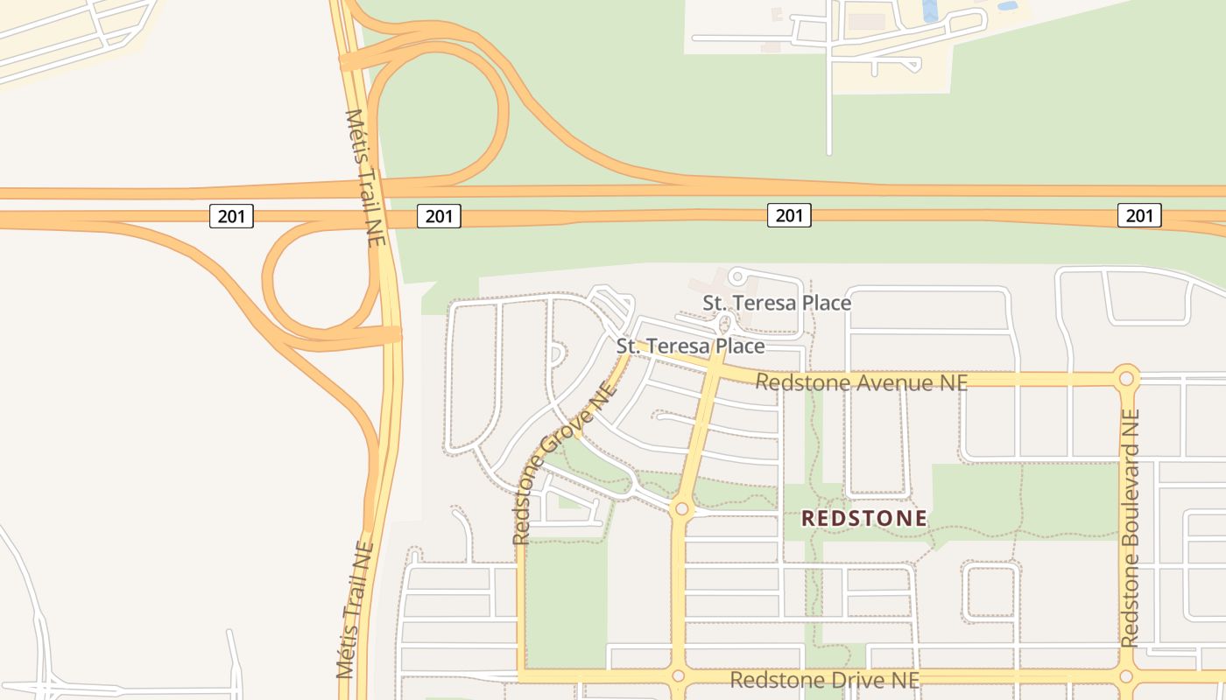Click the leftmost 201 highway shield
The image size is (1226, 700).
point(231,215)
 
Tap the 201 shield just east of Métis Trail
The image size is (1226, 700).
point(439,215)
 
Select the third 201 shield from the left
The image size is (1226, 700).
point(789,215)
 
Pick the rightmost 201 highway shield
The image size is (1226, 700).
point(1139,215)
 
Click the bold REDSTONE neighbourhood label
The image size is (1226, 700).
point(863,519)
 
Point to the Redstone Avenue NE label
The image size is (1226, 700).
point(861,382)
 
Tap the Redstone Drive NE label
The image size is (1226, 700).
point(824,680)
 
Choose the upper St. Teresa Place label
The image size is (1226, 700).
point(777,303)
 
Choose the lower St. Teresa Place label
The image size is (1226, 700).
point(690,346)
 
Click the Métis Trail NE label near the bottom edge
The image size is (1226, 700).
point(355,610)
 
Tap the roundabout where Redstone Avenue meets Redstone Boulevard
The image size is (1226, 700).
point(1126,379)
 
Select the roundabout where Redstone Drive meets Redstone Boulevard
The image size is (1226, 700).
point(1126,676)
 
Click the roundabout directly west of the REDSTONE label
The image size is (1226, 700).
point(680,508)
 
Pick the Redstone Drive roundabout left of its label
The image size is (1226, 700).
point(677,676)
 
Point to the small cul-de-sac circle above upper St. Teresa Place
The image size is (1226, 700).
point(737,277)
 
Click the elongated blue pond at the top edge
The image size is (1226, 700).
point(930,10)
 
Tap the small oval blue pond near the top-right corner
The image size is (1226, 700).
point(1008,5)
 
